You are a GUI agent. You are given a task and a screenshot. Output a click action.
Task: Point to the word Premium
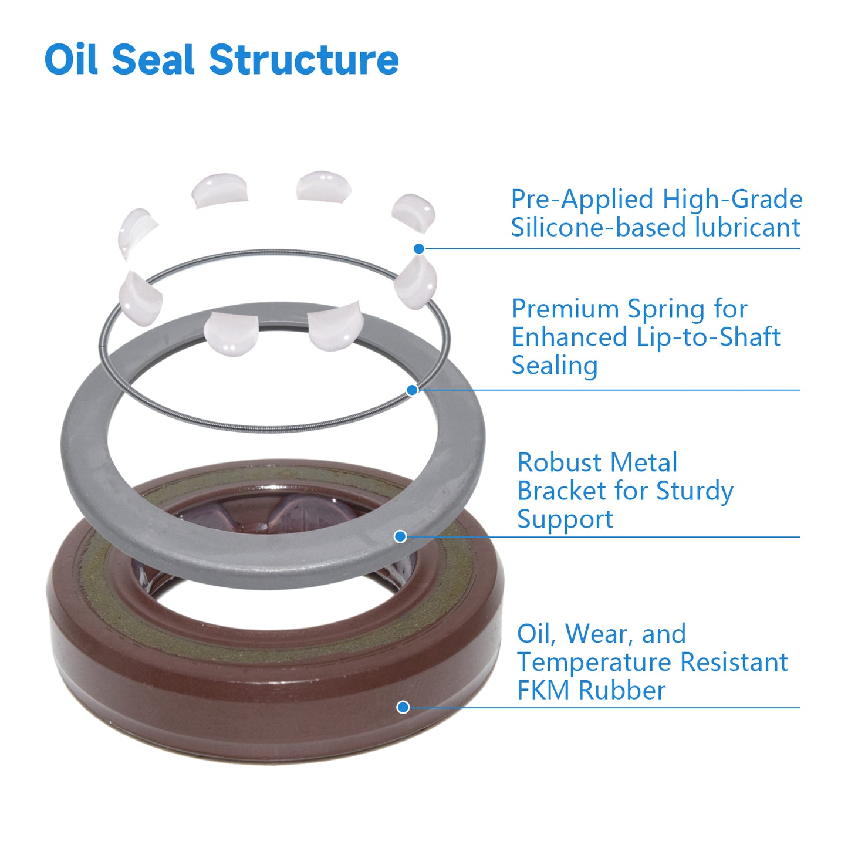coord(566,309)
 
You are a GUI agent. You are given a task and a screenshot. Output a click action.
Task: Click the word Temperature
coord(594,663)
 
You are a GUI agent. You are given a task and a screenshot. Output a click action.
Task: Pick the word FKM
coord(543,691)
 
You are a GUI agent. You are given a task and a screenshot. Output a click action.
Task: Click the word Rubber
coord(622,691)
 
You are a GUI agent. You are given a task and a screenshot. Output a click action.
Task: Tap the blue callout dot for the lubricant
coord(419,249)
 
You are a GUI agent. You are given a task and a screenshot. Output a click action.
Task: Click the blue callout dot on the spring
coord(413,390)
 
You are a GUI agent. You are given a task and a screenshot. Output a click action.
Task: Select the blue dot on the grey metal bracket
coord(400,536)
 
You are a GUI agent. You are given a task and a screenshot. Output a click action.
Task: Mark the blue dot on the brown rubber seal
coord(403,707)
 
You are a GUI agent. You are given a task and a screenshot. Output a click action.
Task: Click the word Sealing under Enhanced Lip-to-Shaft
coord(554,367)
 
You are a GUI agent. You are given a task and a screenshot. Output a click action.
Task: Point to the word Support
coord(565,520)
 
